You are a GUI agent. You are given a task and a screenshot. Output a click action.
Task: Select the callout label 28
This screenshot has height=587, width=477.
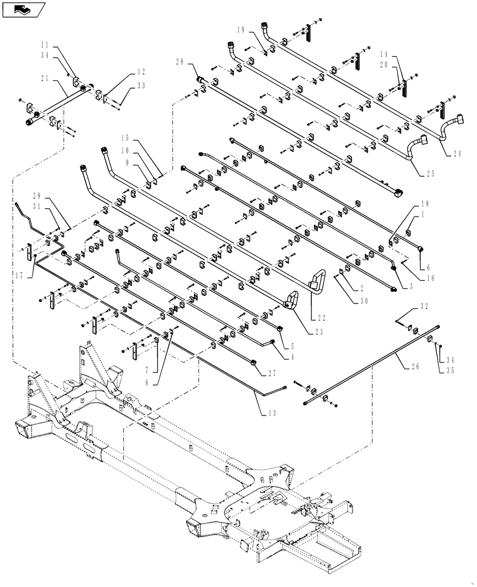(179, 62)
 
